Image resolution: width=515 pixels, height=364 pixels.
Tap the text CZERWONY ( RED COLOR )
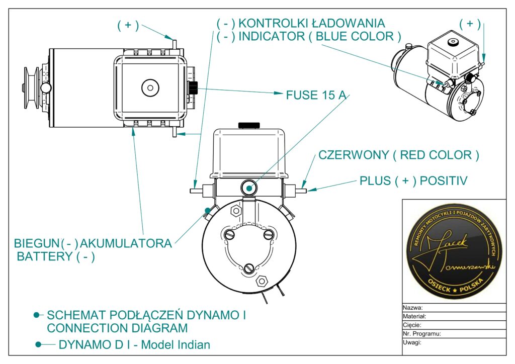click(398, 155)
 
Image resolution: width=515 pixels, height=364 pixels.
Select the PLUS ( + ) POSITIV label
click(413, 180)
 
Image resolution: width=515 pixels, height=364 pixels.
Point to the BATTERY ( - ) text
click(56, 256)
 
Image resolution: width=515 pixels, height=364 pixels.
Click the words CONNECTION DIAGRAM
click(117, 328)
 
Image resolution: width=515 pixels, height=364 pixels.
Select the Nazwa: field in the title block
click(412, 308)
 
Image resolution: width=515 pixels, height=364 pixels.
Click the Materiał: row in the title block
click(414, 316)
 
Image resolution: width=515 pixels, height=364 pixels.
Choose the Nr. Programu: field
click(421, 333)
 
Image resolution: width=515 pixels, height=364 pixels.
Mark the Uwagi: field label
click(412, 342)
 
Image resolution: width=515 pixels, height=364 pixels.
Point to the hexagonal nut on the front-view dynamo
click(261, 281)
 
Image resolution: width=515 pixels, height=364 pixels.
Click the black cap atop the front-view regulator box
click(249, 124)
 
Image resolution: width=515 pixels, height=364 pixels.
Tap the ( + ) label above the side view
click(128, 26)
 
